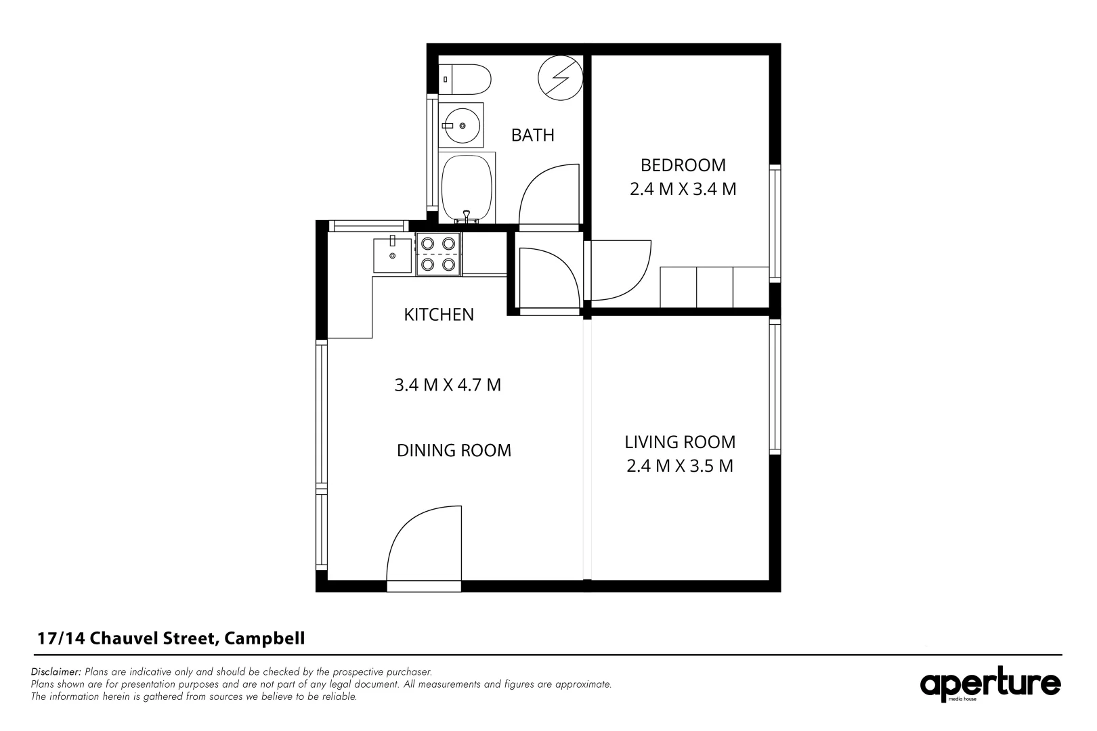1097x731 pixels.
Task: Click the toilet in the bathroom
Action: click(466, 80)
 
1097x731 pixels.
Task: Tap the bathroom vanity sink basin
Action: click(462, 125)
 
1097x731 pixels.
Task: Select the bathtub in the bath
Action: click(467, 186)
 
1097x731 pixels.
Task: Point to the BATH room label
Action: click(532, 135)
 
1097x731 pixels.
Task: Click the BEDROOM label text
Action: click(683, 165)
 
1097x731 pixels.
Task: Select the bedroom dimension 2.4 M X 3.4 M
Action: click(683, 189)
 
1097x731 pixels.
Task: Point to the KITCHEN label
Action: click(438, 315)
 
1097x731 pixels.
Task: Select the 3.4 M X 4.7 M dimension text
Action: click(447, 385)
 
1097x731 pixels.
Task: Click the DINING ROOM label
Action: click(454, 450)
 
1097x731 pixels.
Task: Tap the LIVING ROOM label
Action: click(680, 442)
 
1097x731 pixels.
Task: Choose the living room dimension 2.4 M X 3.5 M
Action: click(680, 466)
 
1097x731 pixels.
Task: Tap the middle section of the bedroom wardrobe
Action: click(714, 287)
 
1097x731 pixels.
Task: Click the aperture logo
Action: click(989, 685)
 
